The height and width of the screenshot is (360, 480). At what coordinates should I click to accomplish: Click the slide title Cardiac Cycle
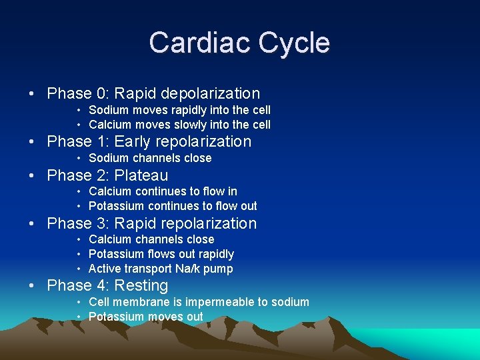tap(239, 43)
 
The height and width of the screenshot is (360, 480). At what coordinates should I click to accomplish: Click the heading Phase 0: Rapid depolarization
tap(153, 94)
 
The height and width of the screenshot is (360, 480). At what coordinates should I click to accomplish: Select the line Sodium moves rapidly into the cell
tap(179, 110)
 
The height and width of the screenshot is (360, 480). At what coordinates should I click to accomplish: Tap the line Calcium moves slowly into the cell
tap(179, 125)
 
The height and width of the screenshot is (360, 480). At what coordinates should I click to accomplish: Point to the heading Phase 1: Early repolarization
tap(149, 142)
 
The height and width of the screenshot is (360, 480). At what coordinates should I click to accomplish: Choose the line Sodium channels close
tap(150, 158)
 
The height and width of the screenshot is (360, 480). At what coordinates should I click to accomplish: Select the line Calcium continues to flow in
tap(163, 191)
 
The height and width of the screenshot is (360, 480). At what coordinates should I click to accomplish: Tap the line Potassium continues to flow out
tap(173, 206)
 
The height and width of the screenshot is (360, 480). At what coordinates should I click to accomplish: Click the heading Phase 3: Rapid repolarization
tap(151, 224)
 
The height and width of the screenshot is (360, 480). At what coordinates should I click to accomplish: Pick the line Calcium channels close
tap(151, 239)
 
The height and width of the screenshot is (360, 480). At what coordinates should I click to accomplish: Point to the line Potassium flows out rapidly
tap(161, 254)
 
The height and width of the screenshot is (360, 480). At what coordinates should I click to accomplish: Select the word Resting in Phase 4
tap(141, 286)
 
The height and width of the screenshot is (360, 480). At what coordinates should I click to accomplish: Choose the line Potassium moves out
tap(145, 317)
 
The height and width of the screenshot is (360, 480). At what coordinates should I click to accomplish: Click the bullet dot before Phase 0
tap(33, 94)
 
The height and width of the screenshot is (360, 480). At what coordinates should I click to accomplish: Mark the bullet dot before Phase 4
tap(33, 286)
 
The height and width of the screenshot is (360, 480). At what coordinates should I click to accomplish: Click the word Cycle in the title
tap(295, 43)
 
